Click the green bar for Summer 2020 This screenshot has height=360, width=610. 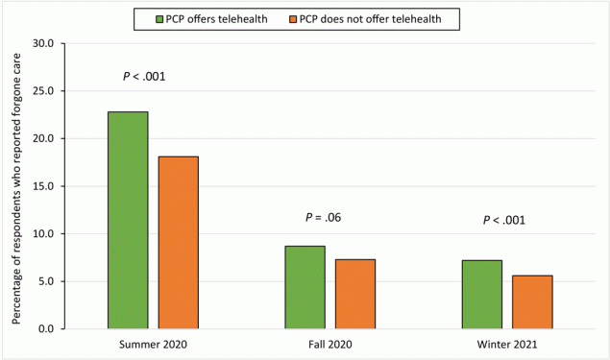tap(128, 220)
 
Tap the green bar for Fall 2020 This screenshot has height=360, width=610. tap(305, 287)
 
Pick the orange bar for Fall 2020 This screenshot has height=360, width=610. tap(354, 294)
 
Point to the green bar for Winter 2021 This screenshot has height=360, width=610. tap(481, 294)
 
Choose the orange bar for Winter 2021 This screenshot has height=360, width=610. tap(532, 301)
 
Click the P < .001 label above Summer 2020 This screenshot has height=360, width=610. tap(144, 77)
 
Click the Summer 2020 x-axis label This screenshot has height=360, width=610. tap(154, 343)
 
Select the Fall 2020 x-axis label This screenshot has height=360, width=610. tap(330, 343)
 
